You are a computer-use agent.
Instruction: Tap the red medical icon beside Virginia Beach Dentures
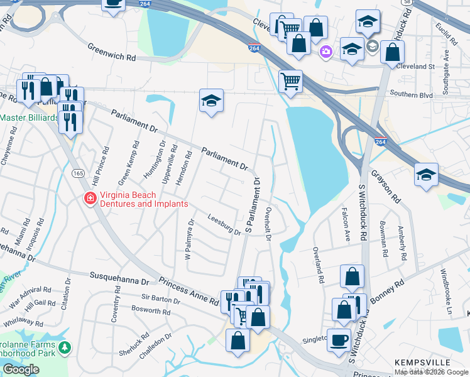90,199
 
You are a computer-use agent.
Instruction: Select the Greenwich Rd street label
112,52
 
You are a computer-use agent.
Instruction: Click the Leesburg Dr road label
224,224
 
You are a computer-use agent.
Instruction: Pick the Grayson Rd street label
385,186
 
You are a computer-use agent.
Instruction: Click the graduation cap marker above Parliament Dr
212,99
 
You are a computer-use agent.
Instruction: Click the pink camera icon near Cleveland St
325,52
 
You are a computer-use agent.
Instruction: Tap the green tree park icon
63,347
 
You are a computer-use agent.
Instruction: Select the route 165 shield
77,173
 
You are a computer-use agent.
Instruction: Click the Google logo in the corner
21,369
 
